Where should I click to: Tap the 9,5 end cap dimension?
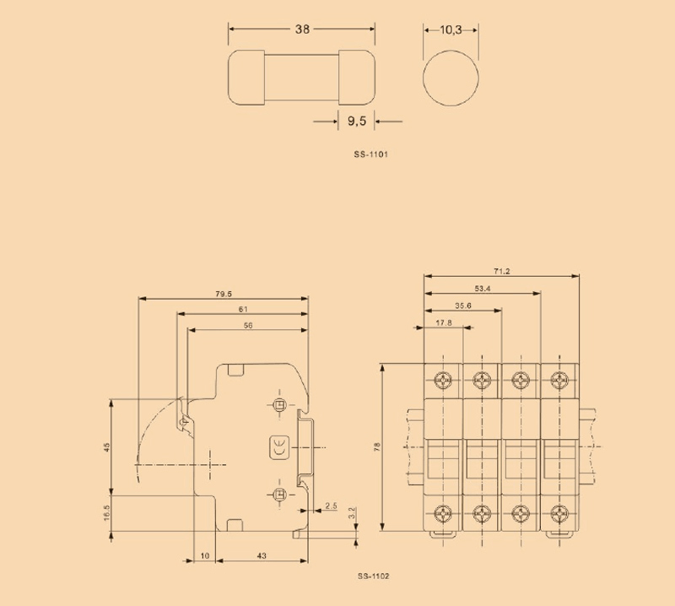(x=356, y=122)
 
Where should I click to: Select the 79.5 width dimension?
(x=224, y=294)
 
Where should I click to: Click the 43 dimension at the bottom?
(x=261, y=555)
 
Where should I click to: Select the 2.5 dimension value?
(x=331, y=506)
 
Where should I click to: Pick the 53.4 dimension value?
(x=483, y=289)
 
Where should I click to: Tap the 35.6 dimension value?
(x=463, y=306)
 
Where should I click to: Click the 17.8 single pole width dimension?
(x=444, y=322)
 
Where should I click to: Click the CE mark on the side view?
(x=278, y=448)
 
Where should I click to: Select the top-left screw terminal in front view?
(x=443, y=378)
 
